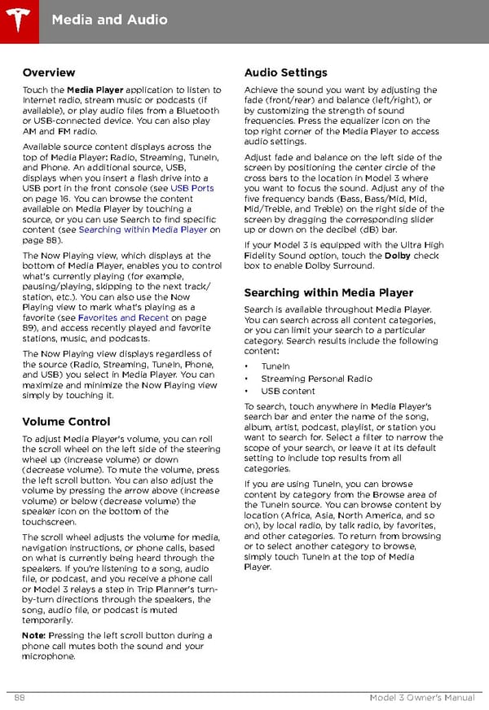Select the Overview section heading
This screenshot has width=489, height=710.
49,72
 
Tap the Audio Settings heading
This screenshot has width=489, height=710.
285,72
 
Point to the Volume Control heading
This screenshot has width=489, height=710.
66,421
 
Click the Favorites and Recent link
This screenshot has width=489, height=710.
123,318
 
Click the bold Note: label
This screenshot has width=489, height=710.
34,635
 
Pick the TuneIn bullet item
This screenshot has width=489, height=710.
275,366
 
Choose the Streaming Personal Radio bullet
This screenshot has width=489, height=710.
316,379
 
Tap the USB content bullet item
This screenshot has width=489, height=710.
288,391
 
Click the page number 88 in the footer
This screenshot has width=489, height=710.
19,698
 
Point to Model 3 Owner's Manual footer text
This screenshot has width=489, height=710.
421,698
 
